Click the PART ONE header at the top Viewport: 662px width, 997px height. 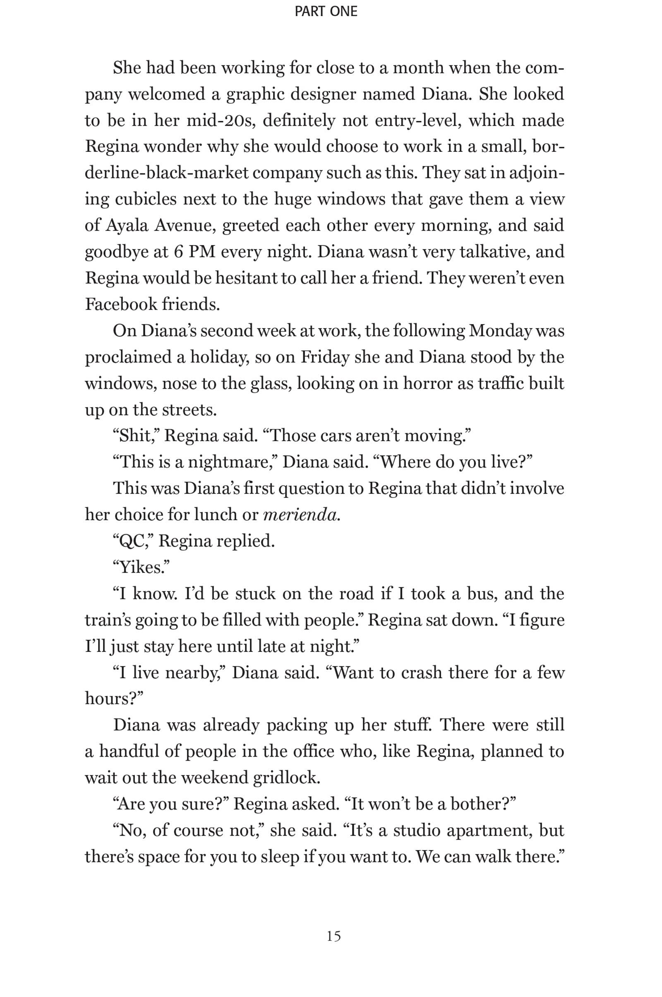[326, 12]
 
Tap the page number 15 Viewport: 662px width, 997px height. [333, 936]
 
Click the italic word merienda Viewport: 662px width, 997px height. [301, 515]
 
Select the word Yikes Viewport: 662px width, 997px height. [141, 567]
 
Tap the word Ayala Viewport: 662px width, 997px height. [127, 226]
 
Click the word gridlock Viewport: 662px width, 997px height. [286, 777]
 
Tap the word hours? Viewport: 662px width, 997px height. [114, 699]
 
